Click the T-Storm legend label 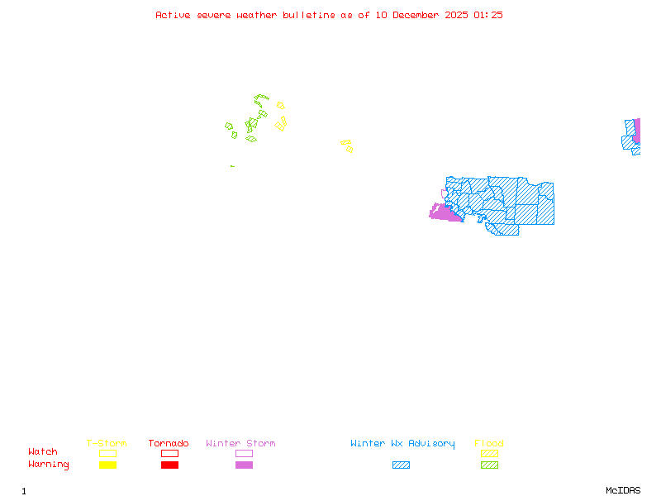pyautogui.click(x=107, y=444)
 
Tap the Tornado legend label pyautogui.click(x=169, y=444)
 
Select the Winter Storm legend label pyautogui.click(x=240, y=444)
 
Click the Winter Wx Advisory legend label pyautogui.click(x=402, y=444)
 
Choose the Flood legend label pyautogui.click(x=489, y=444)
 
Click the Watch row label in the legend pyautogui.click(x=43, y=452)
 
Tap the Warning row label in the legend pyautogui.click(x=49, y=465)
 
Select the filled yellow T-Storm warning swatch pyautogui.click(x=107, y=465)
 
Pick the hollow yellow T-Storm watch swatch pyautogui.click(x=107, y=453)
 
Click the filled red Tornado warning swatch pyautogui.click(x=169, y=465)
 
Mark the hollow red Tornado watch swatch pyautogui.click(x=169, y=453)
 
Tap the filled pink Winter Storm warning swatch pyautogui.click(x=244, y=465)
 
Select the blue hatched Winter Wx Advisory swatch pyautogui.click(x=401, y=465)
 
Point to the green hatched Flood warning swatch pyautogui.click(x=489, y=465)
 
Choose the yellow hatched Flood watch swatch pyautogui.click(x=489, y=453)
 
